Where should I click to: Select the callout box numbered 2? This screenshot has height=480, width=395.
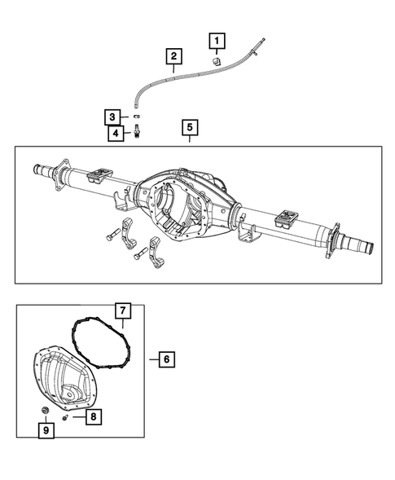tap(173, 56)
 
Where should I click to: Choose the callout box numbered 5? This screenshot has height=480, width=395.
tap(189, 128)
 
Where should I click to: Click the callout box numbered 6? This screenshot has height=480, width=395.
tap(165, 359)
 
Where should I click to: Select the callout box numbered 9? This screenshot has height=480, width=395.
tap(46, 429)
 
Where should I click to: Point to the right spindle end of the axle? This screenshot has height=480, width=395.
tap(360, 245)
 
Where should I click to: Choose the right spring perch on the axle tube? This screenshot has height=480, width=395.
tap(288, 216)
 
